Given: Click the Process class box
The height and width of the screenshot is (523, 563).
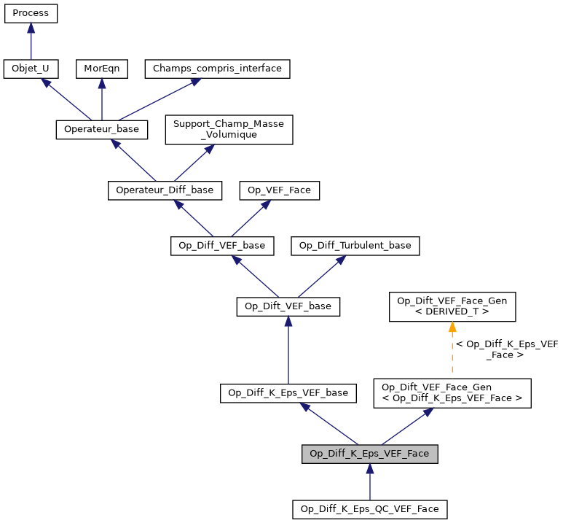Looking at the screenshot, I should point(31,13).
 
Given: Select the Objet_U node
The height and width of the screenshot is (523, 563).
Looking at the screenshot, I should point(31,69).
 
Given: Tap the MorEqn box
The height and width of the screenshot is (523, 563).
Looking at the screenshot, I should point(102,69).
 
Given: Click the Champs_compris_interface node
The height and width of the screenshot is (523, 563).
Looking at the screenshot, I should point(218,69).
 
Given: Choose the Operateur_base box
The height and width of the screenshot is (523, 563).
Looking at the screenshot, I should point(102,129).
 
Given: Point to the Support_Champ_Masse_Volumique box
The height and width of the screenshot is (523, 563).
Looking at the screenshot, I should point(229,129).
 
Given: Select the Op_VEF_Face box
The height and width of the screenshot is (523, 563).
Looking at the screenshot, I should point(280,190).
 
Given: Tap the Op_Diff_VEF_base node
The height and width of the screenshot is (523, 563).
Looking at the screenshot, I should point(222,245).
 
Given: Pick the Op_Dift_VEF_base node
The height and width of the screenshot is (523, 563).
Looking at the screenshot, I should point(288,306).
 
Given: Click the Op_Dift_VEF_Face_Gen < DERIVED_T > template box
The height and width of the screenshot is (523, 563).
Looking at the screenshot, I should point(452,306).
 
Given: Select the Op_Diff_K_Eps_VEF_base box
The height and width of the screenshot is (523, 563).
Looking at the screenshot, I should point(288,392).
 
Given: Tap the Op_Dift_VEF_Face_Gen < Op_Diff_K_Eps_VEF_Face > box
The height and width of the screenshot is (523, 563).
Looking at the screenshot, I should point(452,392).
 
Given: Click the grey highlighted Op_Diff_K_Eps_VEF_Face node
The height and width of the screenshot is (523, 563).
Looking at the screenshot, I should point(370,453).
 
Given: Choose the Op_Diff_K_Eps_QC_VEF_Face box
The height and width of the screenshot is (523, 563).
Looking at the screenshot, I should point(370,508).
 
